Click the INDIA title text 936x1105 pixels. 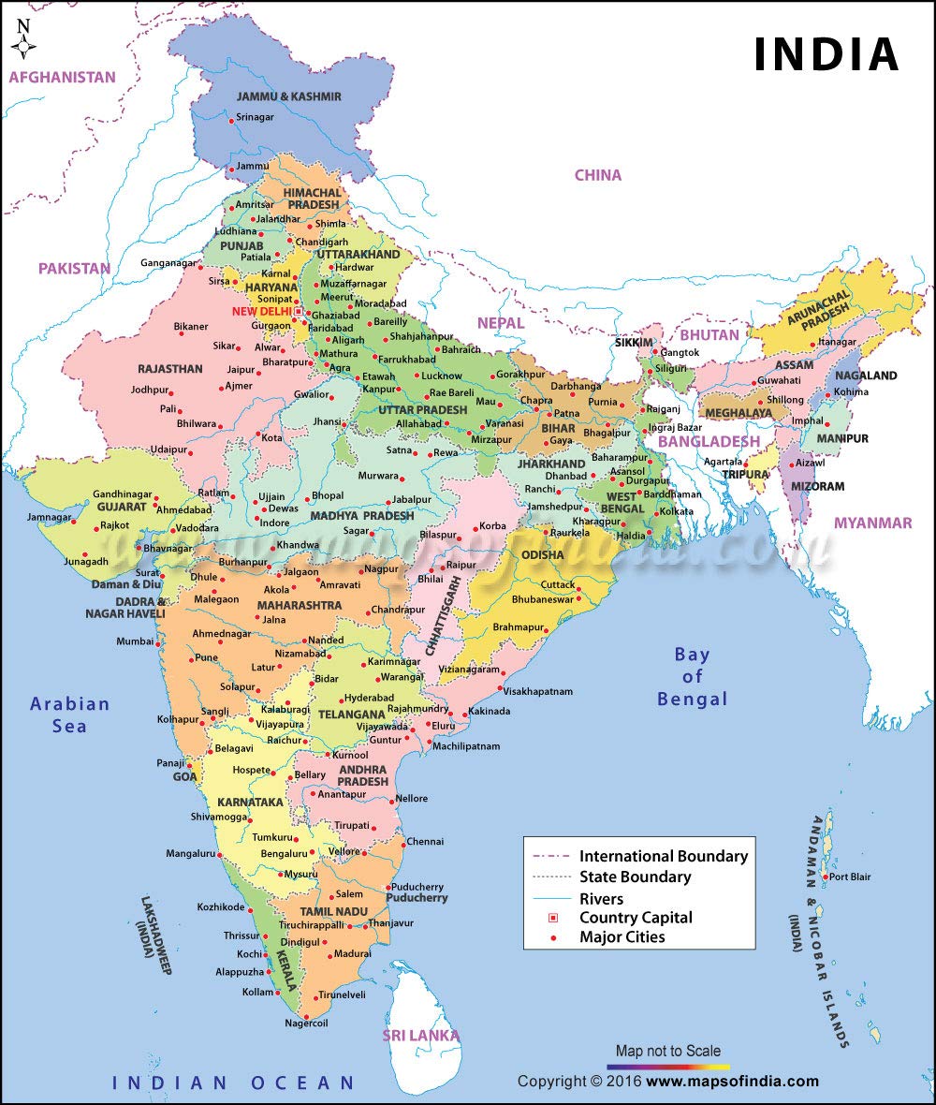click(x=826, y=54)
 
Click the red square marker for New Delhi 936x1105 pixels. click(x=298, y=311)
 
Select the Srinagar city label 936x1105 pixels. click(x=255, y=118)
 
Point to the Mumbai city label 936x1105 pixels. click(x=134, y=641)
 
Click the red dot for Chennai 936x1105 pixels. click(x=401, y=841)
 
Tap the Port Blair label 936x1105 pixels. click(x=851, y=877)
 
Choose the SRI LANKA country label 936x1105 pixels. click(x=420, y=1035)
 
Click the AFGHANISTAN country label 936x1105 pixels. click(x=63, y=78)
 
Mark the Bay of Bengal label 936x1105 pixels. click(x=692, y=676)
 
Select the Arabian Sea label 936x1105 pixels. click(x=69, y=714)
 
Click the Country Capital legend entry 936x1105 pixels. click(x=636, y=918)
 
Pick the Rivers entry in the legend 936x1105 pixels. click(x=601, y=898)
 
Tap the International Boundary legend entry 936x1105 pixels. click(x=663, y=856)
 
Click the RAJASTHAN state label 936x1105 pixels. click(x=169, y=369)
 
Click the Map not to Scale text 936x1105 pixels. click(x=667, y=1051)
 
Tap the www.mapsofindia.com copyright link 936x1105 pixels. click(x=732, y=1082)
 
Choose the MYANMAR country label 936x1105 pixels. click(x=872, y=523)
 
